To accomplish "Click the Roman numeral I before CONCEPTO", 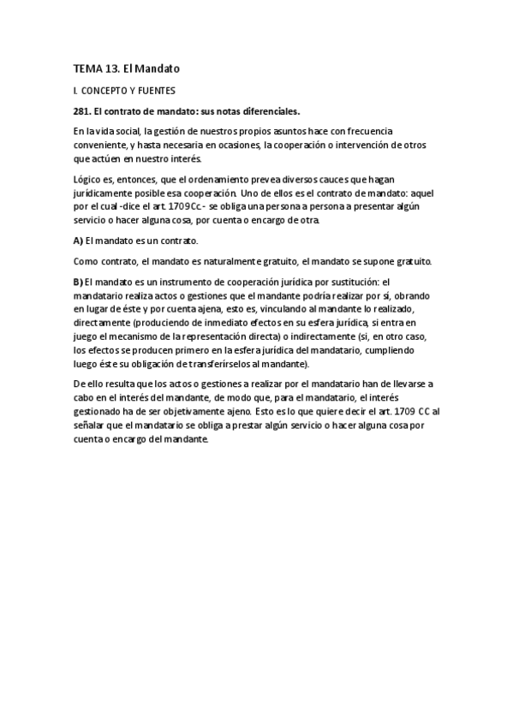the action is tap(75, 89).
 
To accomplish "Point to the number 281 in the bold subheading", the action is tap(83, 110).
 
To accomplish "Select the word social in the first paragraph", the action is tap(128, 131).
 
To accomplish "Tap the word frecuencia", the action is tap(368, 131).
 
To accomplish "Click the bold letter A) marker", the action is tap(80, 241).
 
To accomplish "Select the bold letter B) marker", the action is tap(80, 282).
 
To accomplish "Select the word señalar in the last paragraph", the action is tap(92, 425).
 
